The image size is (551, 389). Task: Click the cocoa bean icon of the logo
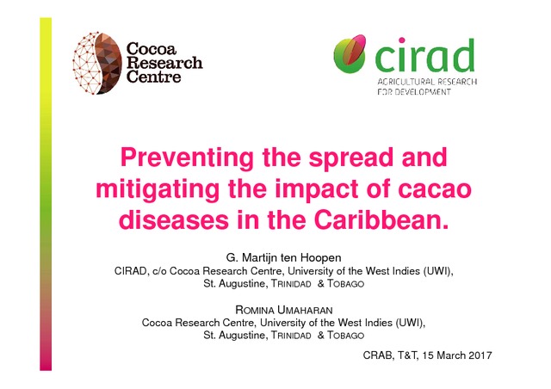pos(97,63)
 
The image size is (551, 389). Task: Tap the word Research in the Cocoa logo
pos(164,63)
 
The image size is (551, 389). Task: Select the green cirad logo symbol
pos(350,53)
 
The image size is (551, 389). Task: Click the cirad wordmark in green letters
pos(424,55)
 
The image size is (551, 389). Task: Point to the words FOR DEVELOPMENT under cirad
pos(414,92)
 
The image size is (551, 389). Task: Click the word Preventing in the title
pos(187,158)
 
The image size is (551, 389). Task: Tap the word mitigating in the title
pos(158,189)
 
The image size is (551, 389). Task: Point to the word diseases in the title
pos(174,220)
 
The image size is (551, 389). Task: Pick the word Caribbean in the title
pos(381,220)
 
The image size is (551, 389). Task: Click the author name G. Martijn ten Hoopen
pos(283,258)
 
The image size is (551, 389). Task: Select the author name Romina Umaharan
pos(283,310)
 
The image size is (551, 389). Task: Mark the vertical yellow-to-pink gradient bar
pos(46,194)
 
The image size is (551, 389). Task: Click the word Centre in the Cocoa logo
pos(153,77)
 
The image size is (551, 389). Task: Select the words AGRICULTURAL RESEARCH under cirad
pos(427,82)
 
